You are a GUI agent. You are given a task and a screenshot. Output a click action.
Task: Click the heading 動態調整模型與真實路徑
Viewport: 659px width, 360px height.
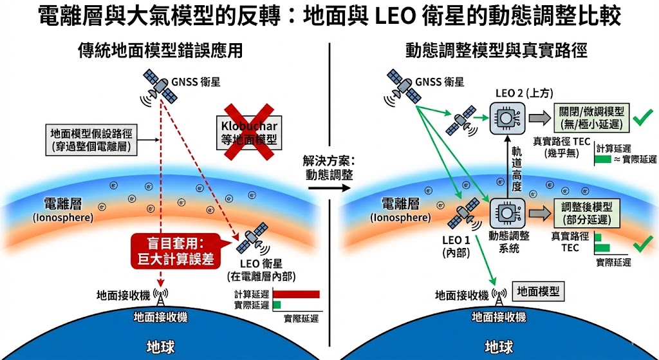497,50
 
